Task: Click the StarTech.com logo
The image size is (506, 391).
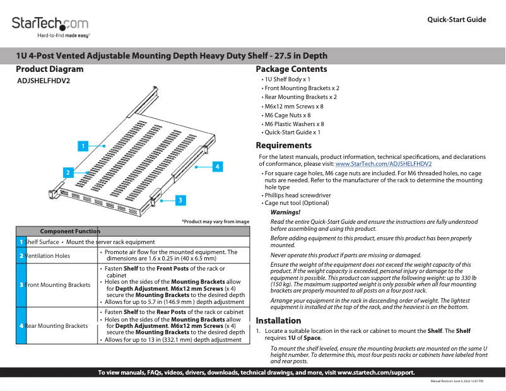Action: tap(50, 25)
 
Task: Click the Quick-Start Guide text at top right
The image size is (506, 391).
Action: tap(457, 20)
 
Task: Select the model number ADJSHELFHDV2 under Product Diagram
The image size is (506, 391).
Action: tap(44, 81)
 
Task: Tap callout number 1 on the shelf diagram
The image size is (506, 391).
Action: tap(81, 146)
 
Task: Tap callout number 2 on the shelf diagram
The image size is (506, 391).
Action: tap(66, 172)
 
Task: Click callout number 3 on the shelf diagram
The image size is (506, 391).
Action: tap(180, 200)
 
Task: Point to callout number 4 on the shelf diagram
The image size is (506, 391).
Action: tap(216, 167)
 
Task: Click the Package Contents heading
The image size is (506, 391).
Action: tap(291, 69)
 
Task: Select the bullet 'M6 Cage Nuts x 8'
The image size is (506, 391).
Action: tap(288, 115)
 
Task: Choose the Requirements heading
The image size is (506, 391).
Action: tap(284, 145)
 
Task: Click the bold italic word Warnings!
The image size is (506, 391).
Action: tap(285, 213)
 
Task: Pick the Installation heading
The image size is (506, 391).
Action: tap(278, 320)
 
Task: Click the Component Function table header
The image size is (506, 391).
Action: tap(69, 231)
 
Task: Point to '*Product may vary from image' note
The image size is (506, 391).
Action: tap(216, 221)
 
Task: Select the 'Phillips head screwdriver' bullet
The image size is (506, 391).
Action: tap(298, 195)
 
